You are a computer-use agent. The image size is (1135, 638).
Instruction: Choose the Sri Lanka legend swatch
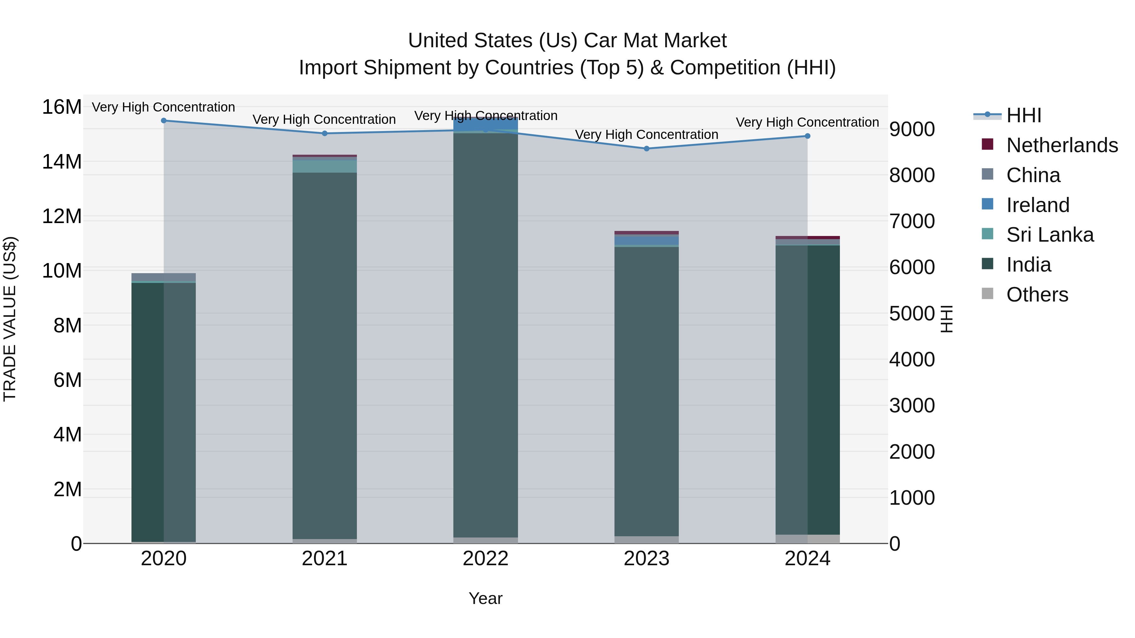(987, 234)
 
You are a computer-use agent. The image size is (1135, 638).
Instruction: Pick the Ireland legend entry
(1038, 205)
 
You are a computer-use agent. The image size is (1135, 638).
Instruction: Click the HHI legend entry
(1023, 115)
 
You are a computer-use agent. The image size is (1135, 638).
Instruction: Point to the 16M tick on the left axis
(62, 107)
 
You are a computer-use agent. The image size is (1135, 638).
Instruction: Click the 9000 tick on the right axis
(911, 129)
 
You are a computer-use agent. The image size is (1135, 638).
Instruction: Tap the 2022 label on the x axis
(486, 559)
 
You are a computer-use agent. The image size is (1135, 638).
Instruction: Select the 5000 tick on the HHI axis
(911, 313)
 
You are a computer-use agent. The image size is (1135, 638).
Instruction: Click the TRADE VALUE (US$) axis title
(10, 319)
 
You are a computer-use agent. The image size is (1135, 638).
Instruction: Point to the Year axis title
(486, 598)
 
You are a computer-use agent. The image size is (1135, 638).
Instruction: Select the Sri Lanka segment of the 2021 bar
(324, 166)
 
